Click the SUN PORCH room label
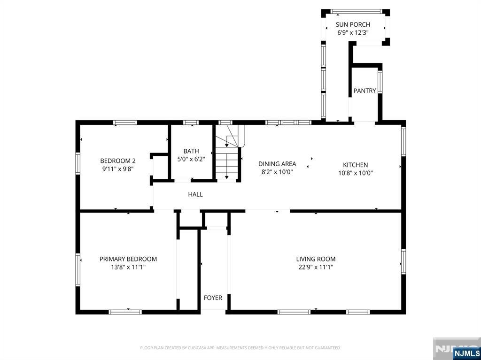[353, 24]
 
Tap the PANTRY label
[365, 91]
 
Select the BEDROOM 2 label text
[118, 161]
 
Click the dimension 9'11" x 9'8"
[118, 169]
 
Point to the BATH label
[191, 151]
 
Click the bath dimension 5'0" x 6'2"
[191, 159]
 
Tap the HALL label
[195, 194]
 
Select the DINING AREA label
[277, 164]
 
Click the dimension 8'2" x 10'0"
[277, 172]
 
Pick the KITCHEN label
[356, 165]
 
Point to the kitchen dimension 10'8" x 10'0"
[356, 173]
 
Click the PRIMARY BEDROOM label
[128, 259]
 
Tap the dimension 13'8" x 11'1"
[128, 267]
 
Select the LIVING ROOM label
[316, 259]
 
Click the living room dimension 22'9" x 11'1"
[316, 267]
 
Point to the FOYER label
[213, 298]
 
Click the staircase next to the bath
[227, 153]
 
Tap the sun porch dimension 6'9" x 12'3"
[353, 32]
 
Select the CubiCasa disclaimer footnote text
[240, 348]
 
